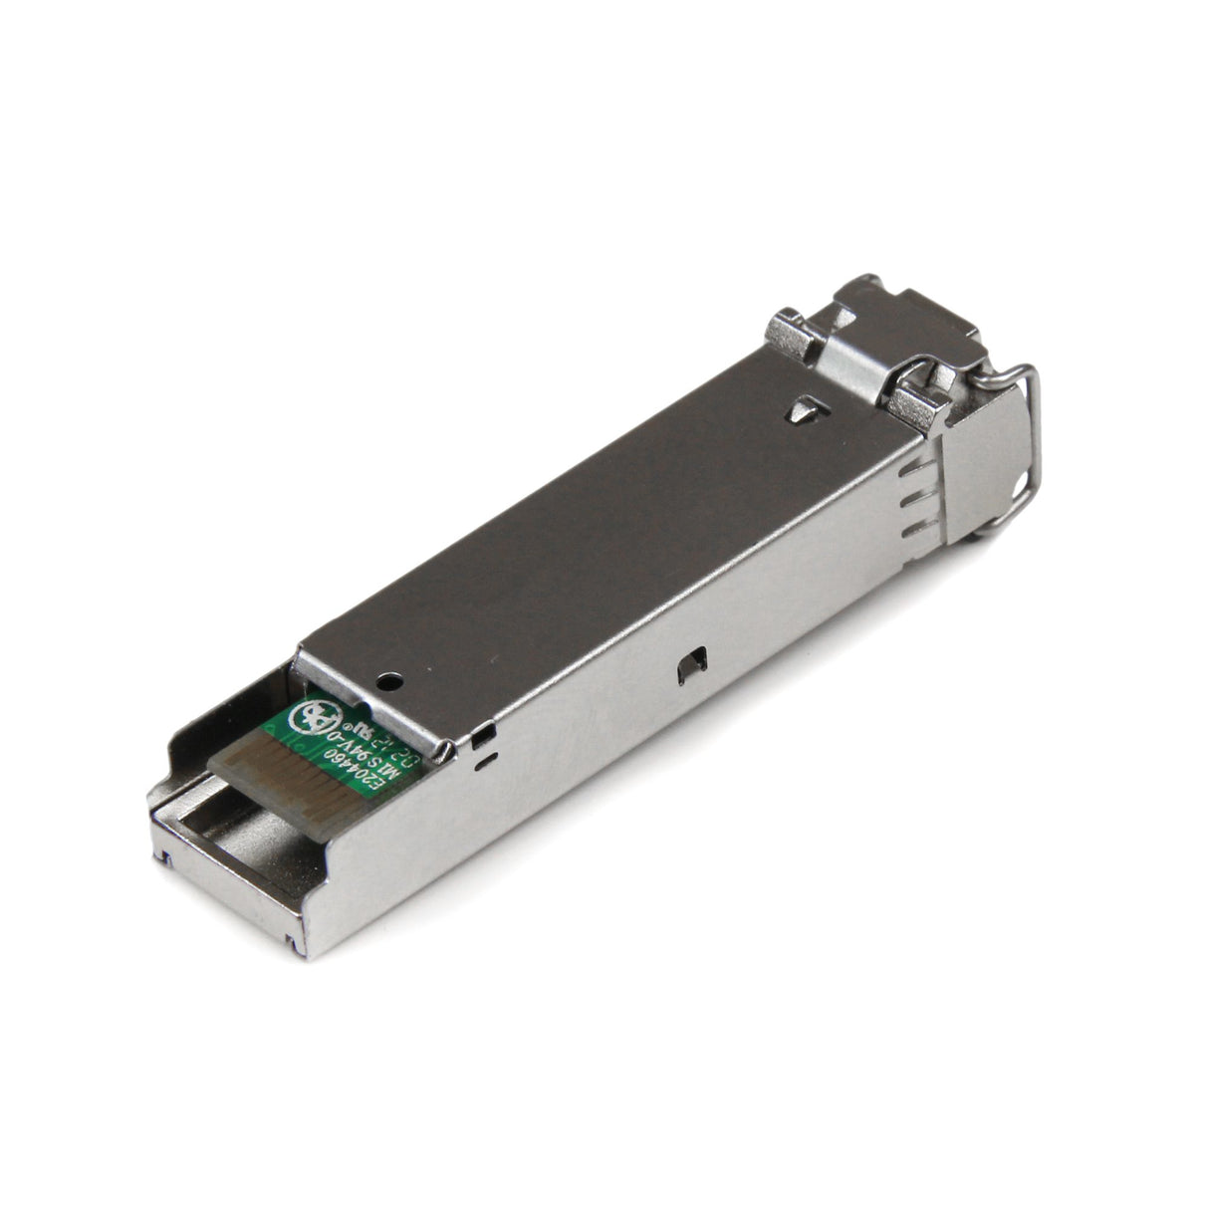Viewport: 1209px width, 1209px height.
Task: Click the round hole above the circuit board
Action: (389, 682)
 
